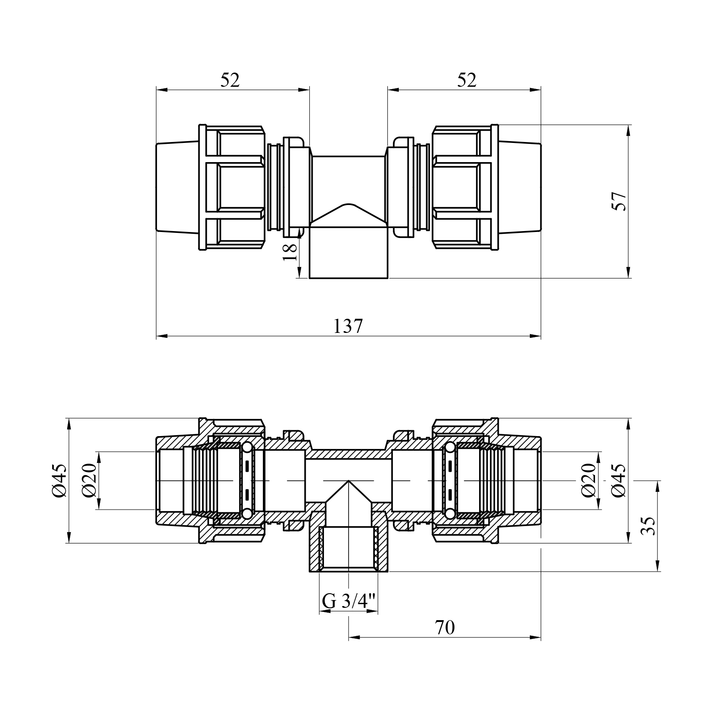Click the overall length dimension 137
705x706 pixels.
(x=348, y=326)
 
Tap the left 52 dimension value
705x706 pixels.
(x=230, y=80)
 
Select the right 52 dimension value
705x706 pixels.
(x=466, y=80)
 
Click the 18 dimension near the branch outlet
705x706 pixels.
(x=290, y=252)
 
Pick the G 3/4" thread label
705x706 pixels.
(x=349, y=601)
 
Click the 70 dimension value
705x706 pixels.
(x=445, y=627)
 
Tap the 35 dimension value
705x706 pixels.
(x=648, y=526)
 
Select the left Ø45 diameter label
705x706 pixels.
(x=59, y=480)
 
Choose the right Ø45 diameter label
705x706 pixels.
(x=618, y=480)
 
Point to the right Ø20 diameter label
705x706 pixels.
(x=589, y=480)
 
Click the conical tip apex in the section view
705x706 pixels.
(x=349, y=480)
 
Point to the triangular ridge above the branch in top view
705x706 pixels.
(x=349, y=215)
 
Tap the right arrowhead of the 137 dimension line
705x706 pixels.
(x=536, y=337)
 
